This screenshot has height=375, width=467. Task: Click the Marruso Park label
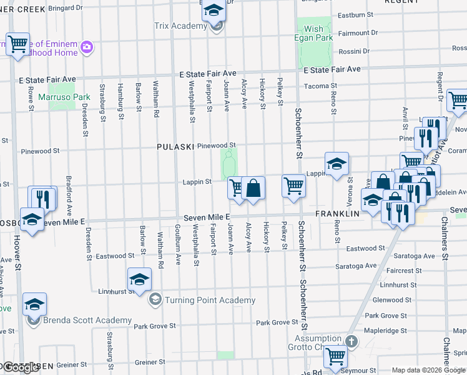64,97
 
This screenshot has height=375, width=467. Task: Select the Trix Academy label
180,26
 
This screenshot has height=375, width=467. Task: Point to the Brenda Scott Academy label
87,321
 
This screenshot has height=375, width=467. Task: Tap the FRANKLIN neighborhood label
338,213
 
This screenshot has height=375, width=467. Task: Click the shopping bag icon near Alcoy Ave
253,188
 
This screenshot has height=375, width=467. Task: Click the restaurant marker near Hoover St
42,197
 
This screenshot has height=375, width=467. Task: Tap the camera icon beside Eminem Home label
87,47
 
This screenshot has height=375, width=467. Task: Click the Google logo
21,367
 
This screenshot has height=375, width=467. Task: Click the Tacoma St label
320,86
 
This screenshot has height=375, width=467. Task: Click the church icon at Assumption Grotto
351,341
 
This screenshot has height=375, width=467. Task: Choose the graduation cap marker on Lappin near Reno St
336,164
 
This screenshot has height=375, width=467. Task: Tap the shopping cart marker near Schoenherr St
293,186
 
